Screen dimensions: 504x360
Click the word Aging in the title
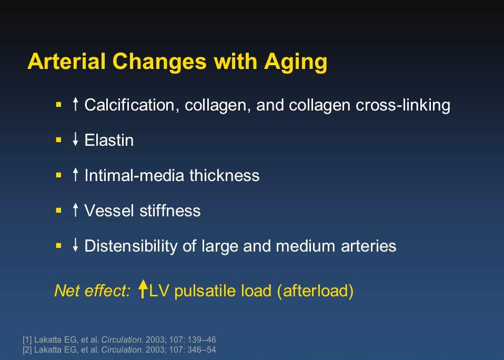pos(296,62)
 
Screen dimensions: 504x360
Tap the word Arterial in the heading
pos(66,61)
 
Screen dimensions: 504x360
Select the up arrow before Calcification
pos(76,104)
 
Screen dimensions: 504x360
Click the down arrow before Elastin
pos(76,139)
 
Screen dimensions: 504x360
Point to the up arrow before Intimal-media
pos(76,175)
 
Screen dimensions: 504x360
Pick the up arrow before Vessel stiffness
pos(76,210)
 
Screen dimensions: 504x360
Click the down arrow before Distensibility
pos(76,245)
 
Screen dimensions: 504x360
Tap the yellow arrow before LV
pos(143,288)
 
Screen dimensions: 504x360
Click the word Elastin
pos(109,140)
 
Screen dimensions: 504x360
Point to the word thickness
pos(224,175)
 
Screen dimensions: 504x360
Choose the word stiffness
pos(170,211)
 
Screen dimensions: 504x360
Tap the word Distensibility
pos(130,246)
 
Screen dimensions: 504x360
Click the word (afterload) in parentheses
pos(315,291)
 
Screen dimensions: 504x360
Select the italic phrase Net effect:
pos(93,291)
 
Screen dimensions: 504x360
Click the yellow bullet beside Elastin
pos(58,140)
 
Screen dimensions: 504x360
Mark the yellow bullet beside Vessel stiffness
pos(58,211)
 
